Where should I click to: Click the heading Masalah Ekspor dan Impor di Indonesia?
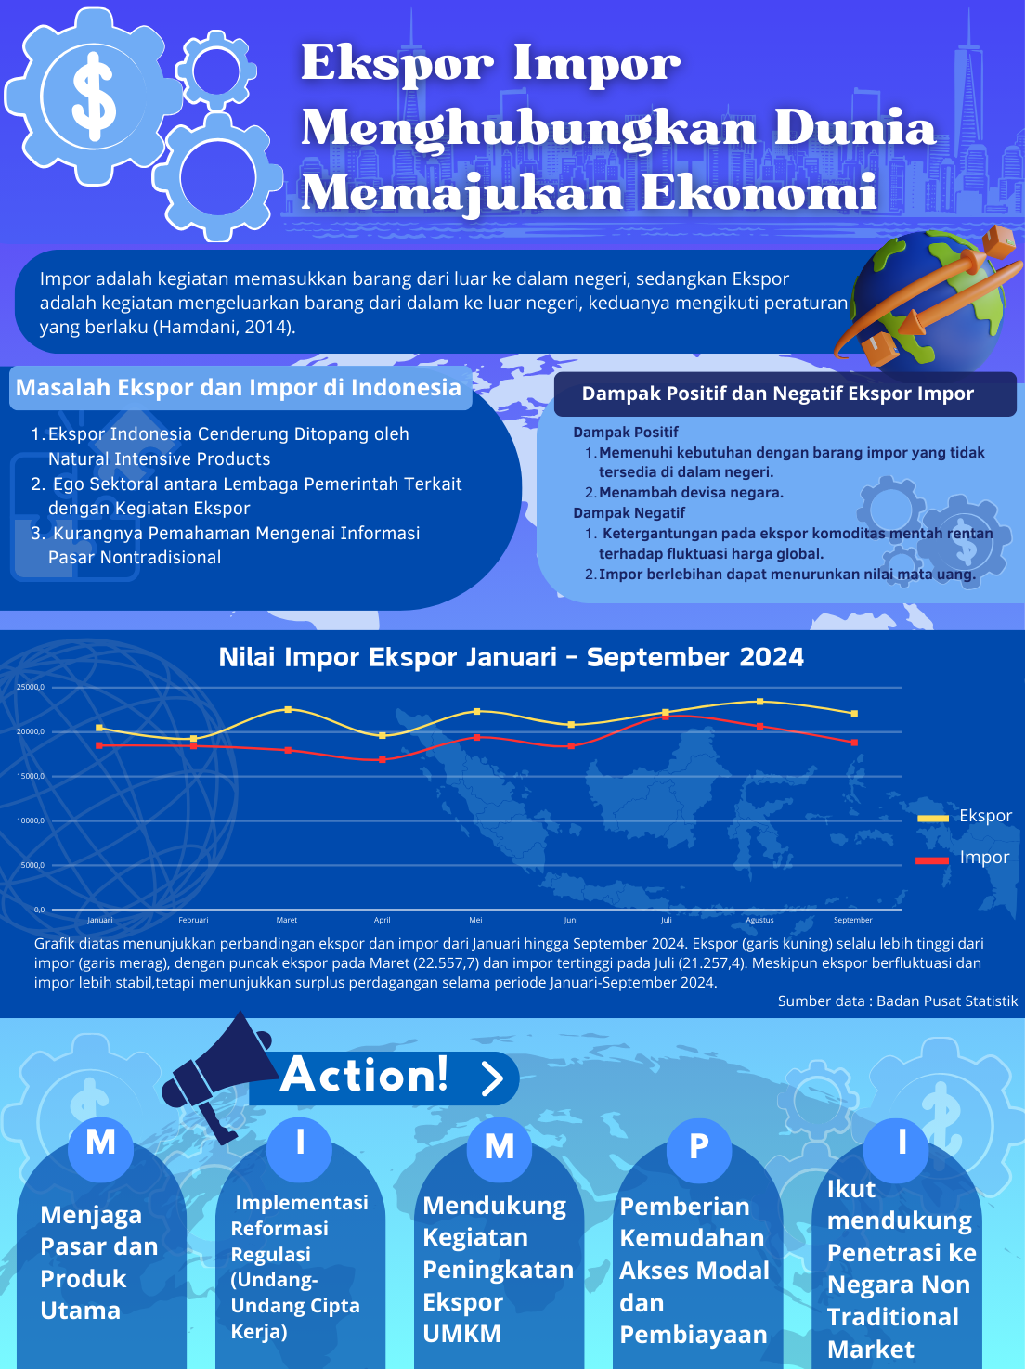[x=239, y=388]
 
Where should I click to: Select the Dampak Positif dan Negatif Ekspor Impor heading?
[x=777, y=394]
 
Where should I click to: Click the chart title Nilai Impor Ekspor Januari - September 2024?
[x=511, y=657]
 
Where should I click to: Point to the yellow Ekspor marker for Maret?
[x=288, y=709]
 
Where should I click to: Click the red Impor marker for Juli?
[x=666, y=716]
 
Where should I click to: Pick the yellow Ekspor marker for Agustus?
[x=759, y=701]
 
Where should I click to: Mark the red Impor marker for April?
[x=383, y=759]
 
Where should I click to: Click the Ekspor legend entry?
[x=967, y=816]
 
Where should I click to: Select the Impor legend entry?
[x=967, y=858]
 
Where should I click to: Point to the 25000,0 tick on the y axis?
[x=30, y=687]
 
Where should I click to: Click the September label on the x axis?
[x=852, y=920]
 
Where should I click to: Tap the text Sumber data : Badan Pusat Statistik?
[x=897, y=1001]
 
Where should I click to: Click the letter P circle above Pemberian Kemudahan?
[x=699, y=1146]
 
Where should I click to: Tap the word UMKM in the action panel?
[x=461, y=1334]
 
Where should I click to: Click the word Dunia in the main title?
[x=854, y=128]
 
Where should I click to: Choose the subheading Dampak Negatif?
[x=629, y=512]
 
